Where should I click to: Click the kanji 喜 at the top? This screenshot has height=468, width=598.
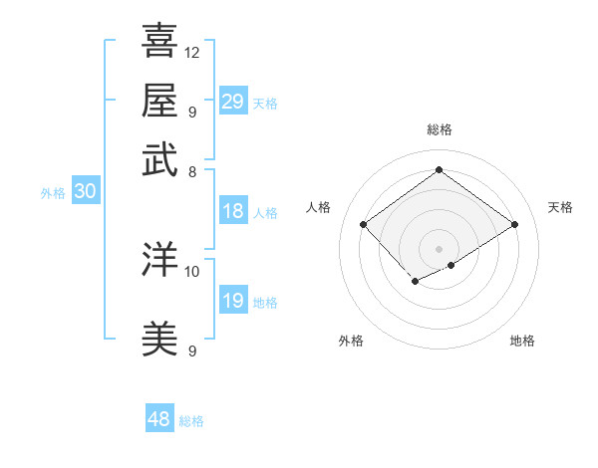159,41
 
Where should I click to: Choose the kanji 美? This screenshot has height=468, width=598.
159,339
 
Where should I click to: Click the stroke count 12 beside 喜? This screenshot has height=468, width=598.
192,52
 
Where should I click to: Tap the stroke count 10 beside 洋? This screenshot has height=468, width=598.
192,270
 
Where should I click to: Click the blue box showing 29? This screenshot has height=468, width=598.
233,102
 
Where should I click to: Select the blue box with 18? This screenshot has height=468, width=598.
233,211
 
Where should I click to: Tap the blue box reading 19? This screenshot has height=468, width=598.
233,301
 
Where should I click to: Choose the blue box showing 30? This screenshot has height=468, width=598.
85,192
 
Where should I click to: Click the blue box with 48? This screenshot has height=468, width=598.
159,419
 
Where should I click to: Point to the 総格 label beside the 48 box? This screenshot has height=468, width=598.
191,421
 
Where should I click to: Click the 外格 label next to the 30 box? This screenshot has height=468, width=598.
53,193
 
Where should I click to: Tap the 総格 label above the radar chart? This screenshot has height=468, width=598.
440,129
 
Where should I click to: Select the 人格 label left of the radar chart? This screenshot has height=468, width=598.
320,207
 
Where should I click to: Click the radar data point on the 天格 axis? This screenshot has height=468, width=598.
514,225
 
